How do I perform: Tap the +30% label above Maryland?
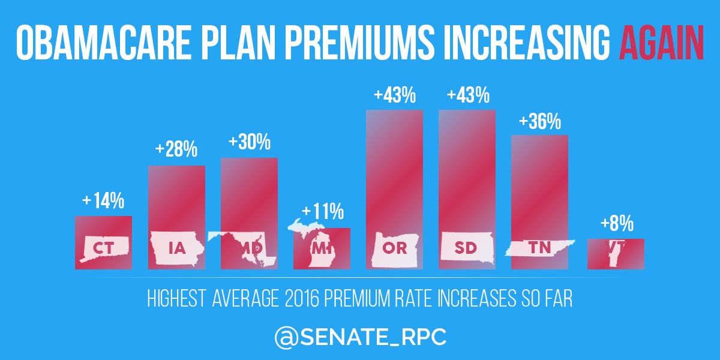pos(249,143)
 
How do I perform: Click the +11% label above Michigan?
pos(322,212)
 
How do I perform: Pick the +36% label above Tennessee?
pos(539,122)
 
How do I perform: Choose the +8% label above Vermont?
pos(616,224)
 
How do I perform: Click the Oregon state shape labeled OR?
pos(394,248)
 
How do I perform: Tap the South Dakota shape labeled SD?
pos(466,248)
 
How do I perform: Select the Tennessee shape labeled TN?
pos(539,247)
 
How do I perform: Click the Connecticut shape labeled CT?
pos(103,247)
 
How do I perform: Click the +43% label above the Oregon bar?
pos(394,96)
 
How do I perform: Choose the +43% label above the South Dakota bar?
pos(467,96)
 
